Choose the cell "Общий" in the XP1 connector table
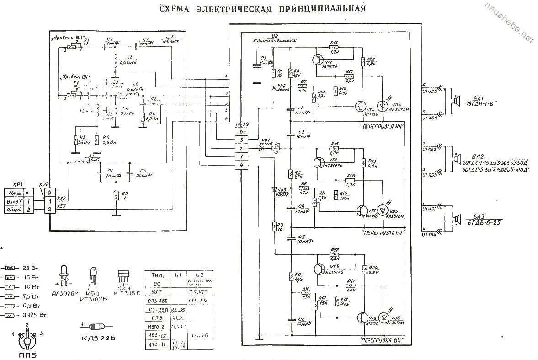(15, 209)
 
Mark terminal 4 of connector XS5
(241, 165)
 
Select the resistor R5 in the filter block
(117, 195)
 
